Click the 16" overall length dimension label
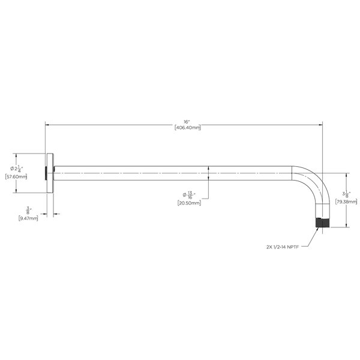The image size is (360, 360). (x=187, y=122)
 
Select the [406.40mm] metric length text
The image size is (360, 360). (x=188, y=127)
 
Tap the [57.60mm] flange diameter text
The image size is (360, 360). (x=16, y=177)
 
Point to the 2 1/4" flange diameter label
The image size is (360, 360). (x=17, y=169)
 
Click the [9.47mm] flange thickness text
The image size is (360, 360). (x=28, y=218)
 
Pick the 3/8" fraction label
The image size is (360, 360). (x=29, y=211)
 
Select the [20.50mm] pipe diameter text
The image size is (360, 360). (x=189, y=203)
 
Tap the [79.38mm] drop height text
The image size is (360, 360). (x=346, y=202)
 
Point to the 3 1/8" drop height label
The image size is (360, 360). (x=346, y=194)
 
